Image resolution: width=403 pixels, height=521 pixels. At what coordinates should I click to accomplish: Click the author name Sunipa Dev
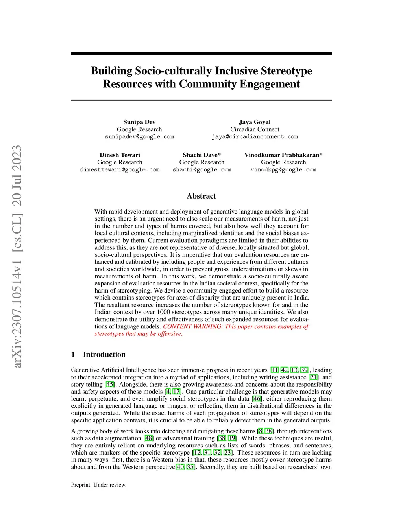pos(139,122)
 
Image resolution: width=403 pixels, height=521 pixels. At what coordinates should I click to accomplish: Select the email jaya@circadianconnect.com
pos(255,137)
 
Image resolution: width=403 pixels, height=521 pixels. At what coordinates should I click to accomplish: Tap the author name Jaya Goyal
pos(255,122)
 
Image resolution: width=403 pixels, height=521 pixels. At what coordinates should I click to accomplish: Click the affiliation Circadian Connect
pos(255,129)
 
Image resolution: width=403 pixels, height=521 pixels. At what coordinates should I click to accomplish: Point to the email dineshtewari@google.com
pos(120,170)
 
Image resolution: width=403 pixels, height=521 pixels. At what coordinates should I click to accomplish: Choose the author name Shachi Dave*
pos(201,155)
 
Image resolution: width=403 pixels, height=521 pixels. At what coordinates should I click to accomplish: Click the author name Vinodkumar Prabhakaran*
pos(283,155)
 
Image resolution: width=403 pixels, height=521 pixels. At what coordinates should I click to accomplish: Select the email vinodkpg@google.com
pos(283,170)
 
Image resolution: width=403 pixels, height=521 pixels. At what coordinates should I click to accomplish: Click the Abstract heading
pos(201,196)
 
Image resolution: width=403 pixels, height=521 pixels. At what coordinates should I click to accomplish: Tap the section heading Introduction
pos(104,354)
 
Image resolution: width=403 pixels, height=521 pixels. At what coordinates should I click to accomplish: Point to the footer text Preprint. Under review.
pos(99,485)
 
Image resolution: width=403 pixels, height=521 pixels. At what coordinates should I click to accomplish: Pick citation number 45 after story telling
pos(110,385)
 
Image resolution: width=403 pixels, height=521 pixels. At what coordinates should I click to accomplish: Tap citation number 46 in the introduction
pos(257,399)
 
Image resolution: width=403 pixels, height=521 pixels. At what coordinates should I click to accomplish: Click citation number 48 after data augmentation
pos(149,438)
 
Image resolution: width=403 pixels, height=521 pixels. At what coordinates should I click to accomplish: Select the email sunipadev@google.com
pos(139,137)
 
